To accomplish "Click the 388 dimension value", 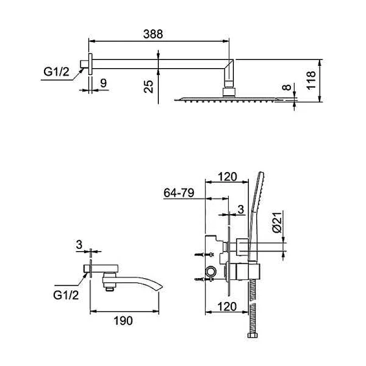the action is coord(153,34).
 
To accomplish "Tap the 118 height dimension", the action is coord(311,81).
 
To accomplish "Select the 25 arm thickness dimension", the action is coord(148,86).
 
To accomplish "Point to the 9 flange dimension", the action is coord(103,83).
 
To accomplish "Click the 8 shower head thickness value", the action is coord(287,87).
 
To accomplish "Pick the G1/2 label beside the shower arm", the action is coord(56,71).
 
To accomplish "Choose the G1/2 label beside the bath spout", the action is coord(66,295).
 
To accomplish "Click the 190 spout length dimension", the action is coord(123,321).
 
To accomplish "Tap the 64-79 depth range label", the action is coord(179,193).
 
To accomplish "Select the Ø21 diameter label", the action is coord(277,223).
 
